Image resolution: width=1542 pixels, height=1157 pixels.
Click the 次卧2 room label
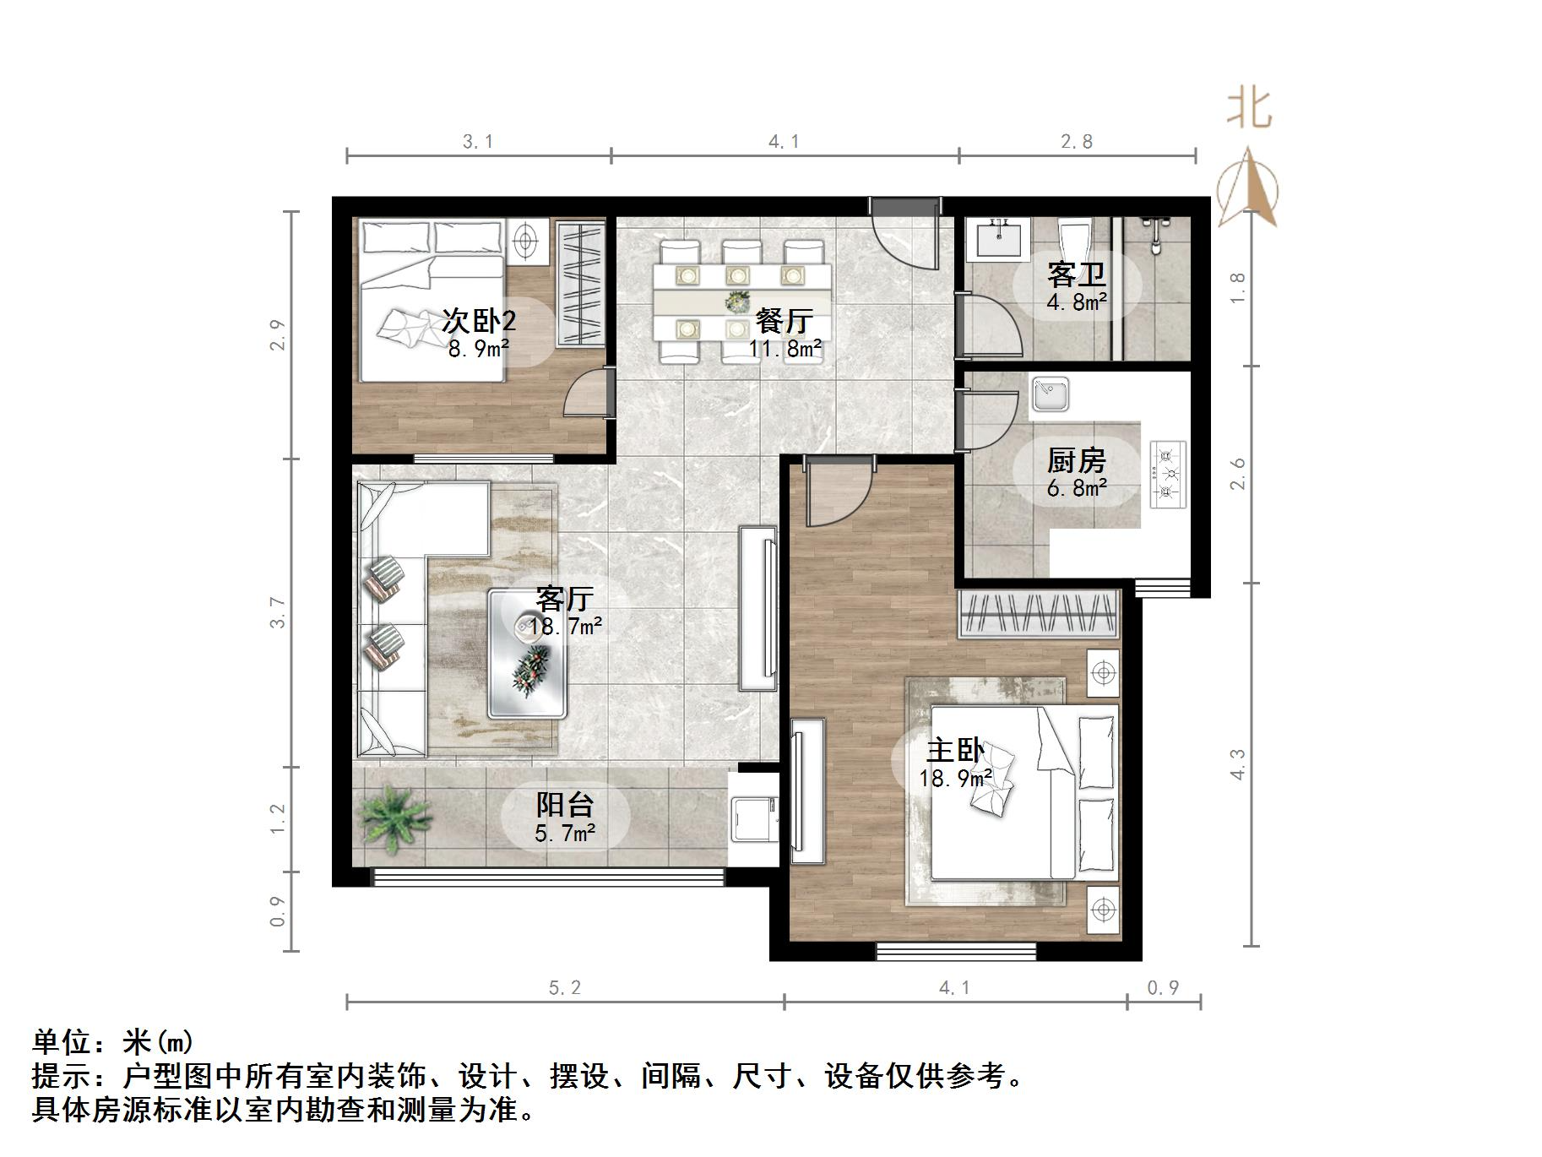(479, 321)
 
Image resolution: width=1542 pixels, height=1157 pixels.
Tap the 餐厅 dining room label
(785, 321)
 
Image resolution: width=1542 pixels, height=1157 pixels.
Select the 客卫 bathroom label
(1076, 274)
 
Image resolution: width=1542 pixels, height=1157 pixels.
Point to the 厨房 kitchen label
(1076, 460)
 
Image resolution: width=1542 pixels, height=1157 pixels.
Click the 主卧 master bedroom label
(956, 750)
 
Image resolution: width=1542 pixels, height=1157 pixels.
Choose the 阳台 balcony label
(565, 805)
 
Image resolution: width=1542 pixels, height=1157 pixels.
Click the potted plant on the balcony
(394, 814)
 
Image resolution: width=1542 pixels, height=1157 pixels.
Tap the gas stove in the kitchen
(1168, 475)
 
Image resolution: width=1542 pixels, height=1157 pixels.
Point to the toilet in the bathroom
(1074, 240)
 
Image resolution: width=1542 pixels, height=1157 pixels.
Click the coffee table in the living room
(528, 653)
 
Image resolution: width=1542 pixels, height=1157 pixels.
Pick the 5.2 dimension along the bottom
(565, 987)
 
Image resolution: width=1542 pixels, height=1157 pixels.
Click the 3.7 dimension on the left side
(278, 612)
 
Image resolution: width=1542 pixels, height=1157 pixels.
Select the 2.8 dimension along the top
(1077, 142)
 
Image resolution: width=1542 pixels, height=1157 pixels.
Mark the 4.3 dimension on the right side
(1237, 764)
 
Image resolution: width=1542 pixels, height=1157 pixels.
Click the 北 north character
(1250, 109)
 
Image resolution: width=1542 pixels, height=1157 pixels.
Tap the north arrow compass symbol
(1248, 187)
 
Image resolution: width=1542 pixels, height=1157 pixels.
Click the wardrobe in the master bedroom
(1039, 613)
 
